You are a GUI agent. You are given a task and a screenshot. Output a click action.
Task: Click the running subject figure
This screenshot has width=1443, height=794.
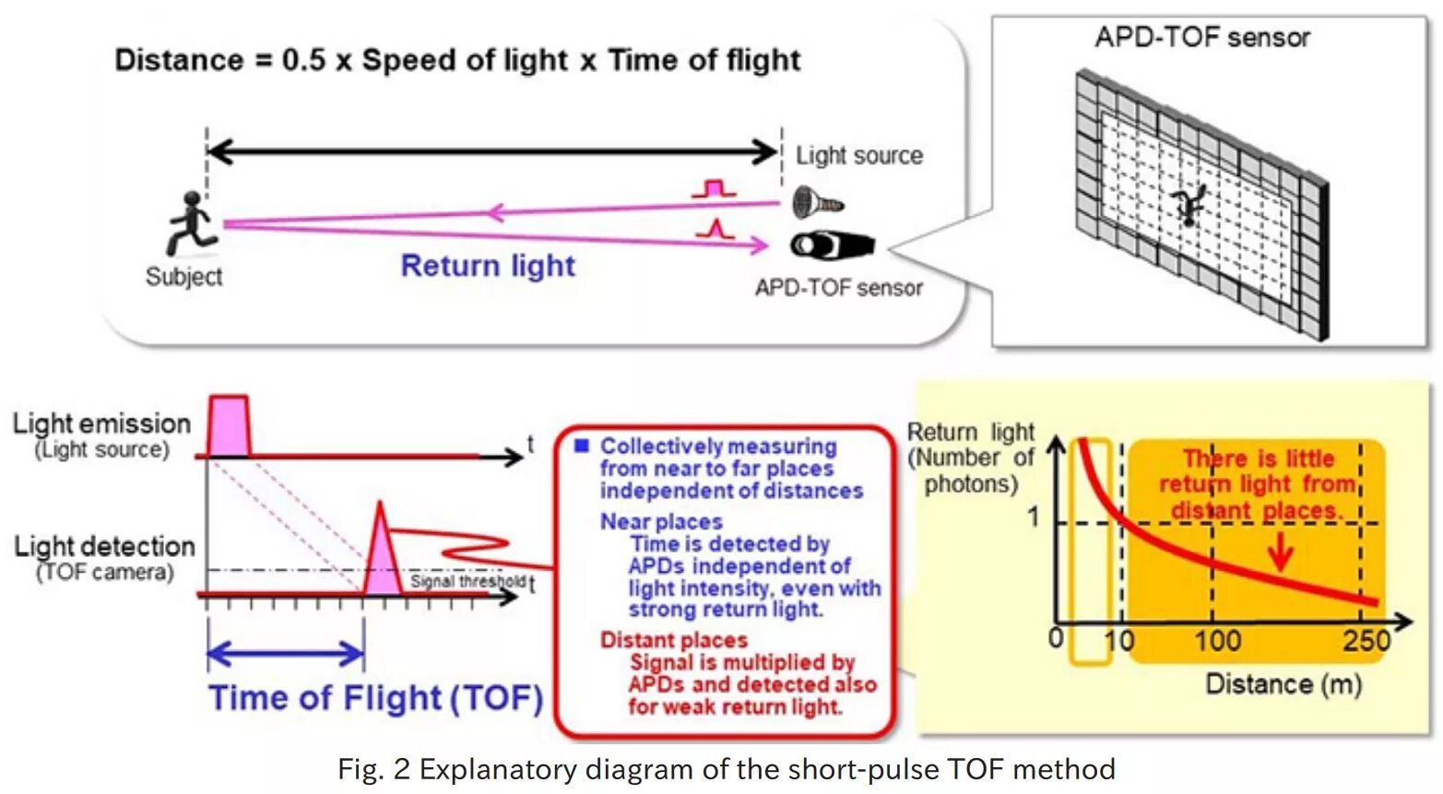tap(191, 224)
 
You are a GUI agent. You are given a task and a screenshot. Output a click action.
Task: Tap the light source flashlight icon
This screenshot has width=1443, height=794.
tap(817, 202)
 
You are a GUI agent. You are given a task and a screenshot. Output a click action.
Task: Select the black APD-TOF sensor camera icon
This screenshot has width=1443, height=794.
tap(832, 245)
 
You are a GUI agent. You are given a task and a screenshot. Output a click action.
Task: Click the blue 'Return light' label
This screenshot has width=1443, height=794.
tap(488, 267)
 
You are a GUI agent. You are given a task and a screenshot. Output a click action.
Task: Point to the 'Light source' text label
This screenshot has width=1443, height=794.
tap(858, 156)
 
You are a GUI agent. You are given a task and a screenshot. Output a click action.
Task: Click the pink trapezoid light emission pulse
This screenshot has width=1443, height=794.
tap(229, 426)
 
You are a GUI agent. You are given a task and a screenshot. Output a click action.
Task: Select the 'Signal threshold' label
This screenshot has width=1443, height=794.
tap(467, 581)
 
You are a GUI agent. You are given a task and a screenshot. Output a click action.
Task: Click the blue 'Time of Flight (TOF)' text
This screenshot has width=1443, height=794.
tap(375, 698)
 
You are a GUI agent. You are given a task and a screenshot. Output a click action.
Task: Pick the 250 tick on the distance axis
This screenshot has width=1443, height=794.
tap(1366, 640)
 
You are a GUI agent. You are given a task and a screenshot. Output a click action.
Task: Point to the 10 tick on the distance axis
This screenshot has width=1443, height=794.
tap(1119, 640)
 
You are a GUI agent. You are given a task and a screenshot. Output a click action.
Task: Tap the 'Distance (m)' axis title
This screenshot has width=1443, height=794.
tap(1283, 684)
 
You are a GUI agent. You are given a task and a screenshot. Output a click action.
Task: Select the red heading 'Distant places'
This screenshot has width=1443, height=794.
tap(673, 640)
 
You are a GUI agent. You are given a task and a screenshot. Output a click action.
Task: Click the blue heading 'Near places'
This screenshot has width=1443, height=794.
tap(661, 522)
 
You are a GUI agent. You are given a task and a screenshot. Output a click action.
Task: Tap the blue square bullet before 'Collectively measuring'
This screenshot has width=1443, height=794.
tap(581, 446)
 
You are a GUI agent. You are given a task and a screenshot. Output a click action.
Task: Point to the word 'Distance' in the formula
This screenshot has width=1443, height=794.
tap(179, 61)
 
